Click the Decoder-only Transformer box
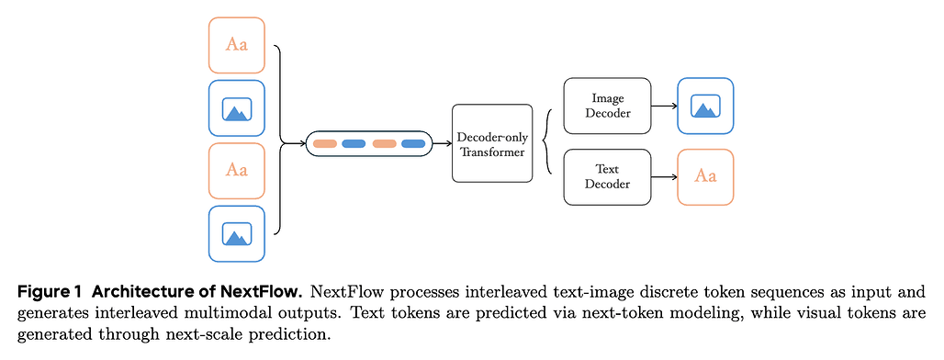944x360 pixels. (x=491, y=143)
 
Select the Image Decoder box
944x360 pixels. (x=607, y=105)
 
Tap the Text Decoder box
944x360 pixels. (x=607, y=176)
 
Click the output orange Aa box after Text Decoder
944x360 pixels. (x=705, y=176)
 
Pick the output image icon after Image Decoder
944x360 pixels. (x=705, y=106)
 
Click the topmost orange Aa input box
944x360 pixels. (x=237, y=45)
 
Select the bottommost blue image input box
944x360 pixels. (x=237, y=233)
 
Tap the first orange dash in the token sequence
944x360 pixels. (x=325, y=143)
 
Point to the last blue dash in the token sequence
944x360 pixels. (x=413, y=143)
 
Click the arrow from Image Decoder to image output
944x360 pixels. (x=663, y=106)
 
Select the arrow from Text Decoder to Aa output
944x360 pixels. (x=663, y=176)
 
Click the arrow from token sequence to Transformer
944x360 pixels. (x=441, y=143)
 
